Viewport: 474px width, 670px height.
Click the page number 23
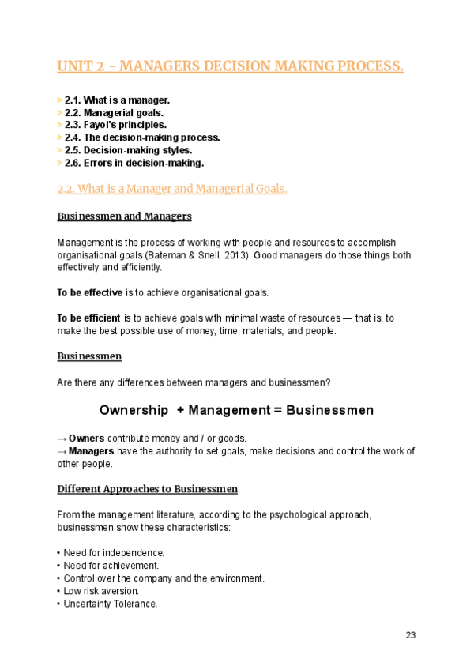pos(410,635)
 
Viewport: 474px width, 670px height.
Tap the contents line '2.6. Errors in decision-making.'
pos(134,163)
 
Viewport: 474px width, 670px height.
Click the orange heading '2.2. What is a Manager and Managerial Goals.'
pos(172,189)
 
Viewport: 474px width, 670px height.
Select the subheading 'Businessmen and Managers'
pos(124,216)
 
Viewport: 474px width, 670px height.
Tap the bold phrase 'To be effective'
pos(89,292)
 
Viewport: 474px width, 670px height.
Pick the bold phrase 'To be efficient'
pos(89,318)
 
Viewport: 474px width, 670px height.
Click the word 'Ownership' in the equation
pos(134,411)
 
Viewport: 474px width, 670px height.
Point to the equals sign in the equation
pos(276,411)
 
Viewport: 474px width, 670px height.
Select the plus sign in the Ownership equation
pos(182,411)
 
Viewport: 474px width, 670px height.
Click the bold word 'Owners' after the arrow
pos(86,438)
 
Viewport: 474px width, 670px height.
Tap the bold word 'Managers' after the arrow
pos(92,450)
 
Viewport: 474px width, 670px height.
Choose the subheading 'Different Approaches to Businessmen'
pos(147,488)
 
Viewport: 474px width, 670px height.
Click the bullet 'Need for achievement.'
pos(111,566)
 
